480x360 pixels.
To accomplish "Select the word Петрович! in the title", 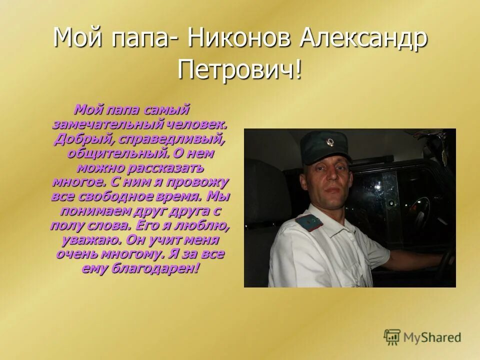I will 240,69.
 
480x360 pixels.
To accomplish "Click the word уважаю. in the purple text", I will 91,239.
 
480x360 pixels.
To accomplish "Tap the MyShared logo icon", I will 392,337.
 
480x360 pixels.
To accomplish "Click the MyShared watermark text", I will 433,337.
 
